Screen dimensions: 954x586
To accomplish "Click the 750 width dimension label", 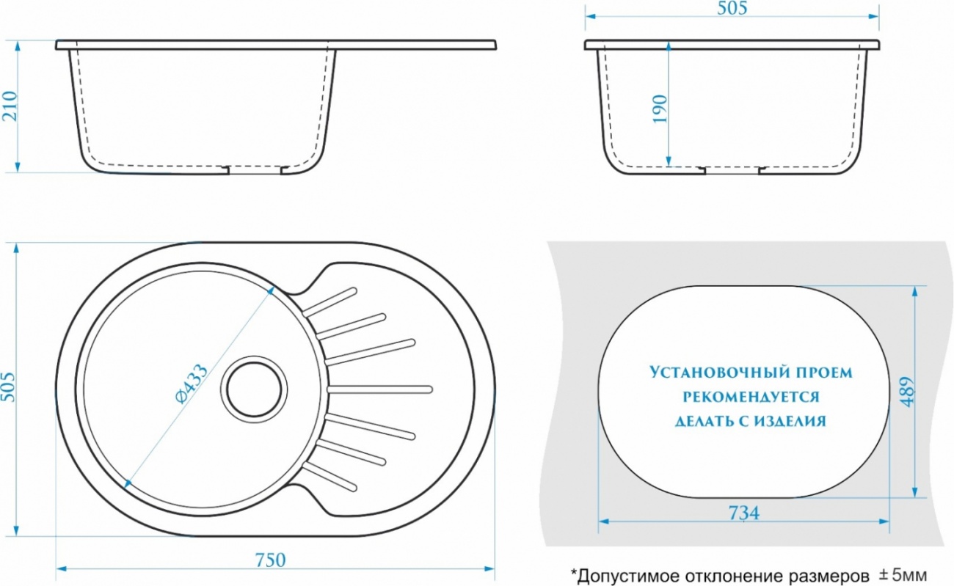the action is (271, 560).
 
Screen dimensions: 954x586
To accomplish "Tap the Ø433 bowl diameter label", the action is (192, 383).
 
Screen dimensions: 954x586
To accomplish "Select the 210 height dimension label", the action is (10, 106).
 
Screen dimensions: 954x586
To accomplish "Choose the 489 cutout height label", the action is (908, 392).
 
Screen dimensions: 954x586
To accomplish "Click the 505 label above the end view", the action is (732, 8).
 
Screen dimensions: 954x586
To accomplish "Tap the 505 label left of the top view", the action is (9, 387).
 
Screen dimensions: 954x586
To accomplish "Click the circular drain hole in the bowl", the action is (254, 389).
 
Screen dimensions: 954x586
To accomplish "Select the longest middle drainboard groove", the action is (380, 389).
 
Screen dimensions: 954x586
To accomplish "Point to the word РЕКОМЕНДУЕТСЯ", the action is (751, 397).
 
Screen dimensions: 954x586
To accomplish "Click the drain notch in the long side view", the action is (255, 170).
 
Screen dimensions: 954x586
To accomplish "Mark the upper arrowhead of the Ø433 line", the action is (270, 290).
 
